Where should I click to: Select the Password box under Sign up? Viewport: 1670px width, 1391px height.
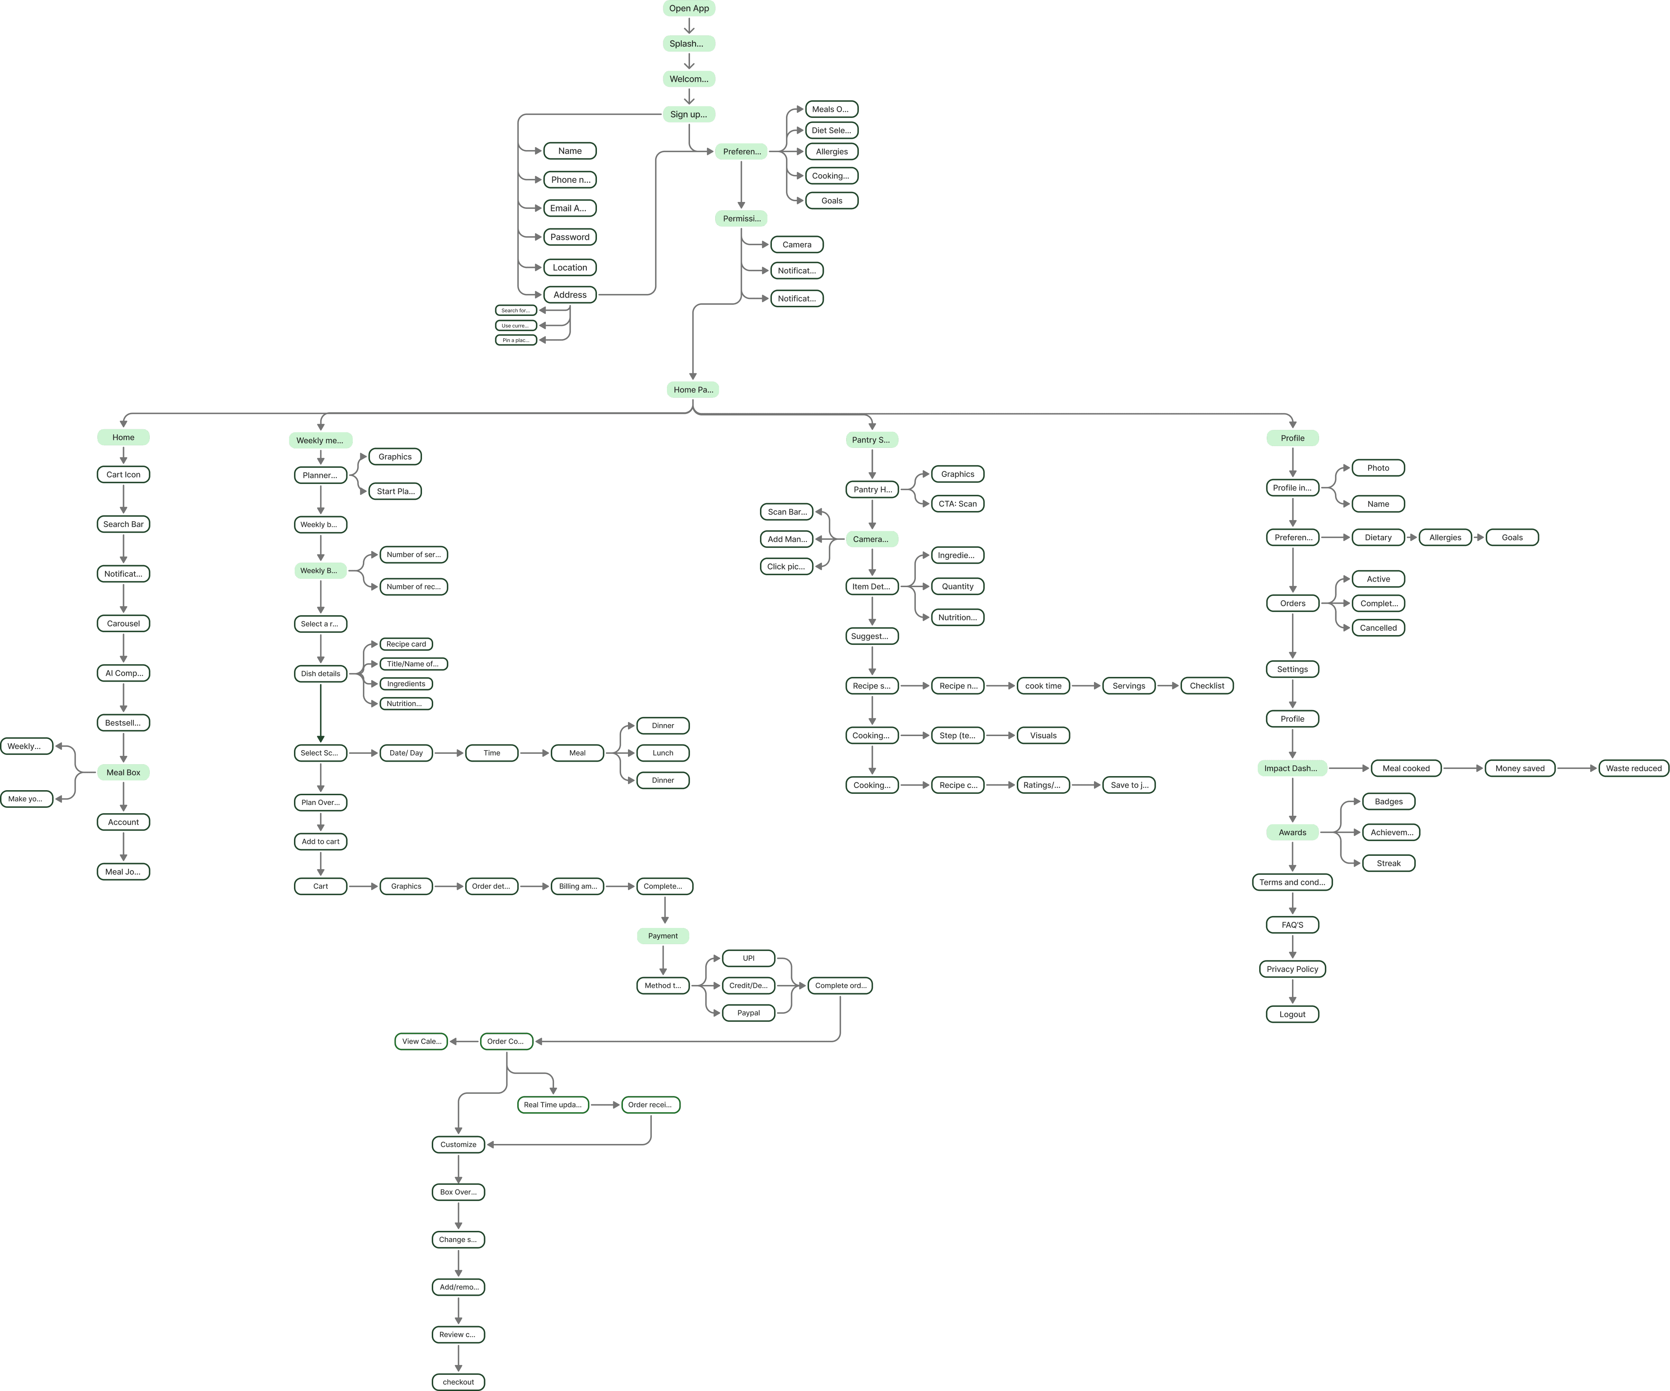pos(570,237)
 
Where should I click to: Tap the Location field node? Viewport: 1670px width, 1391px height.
pos(570,267)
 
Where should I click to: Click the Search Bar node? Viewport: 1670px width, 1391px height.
pos(123,524)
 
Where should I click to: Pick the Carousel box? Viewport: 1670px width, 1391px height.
pos(123,624)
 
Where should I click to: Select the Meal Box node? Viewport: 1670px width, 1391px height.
pos(123,772)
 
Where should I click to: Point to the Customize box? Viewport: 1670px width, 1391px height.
pos(458,1144)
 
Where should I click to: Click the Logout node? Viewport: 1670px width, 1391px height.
pos(1292,1014)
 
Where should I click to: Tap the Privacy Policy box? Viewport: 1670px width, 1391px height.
pos(1292,969)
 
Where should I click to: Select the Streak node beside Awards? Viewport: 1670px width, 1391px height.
pos(1389,863)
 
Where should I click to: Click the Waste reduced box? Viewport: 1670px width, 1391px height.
pos(1634,768)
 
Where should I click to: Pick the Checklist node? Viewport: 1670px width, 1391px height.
pos(1207,686)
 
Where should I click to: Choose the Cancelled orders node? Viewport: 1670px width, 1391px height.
pos(1378,628)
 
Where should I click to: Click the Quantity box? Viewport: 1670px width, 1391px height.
pos(958,586)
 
